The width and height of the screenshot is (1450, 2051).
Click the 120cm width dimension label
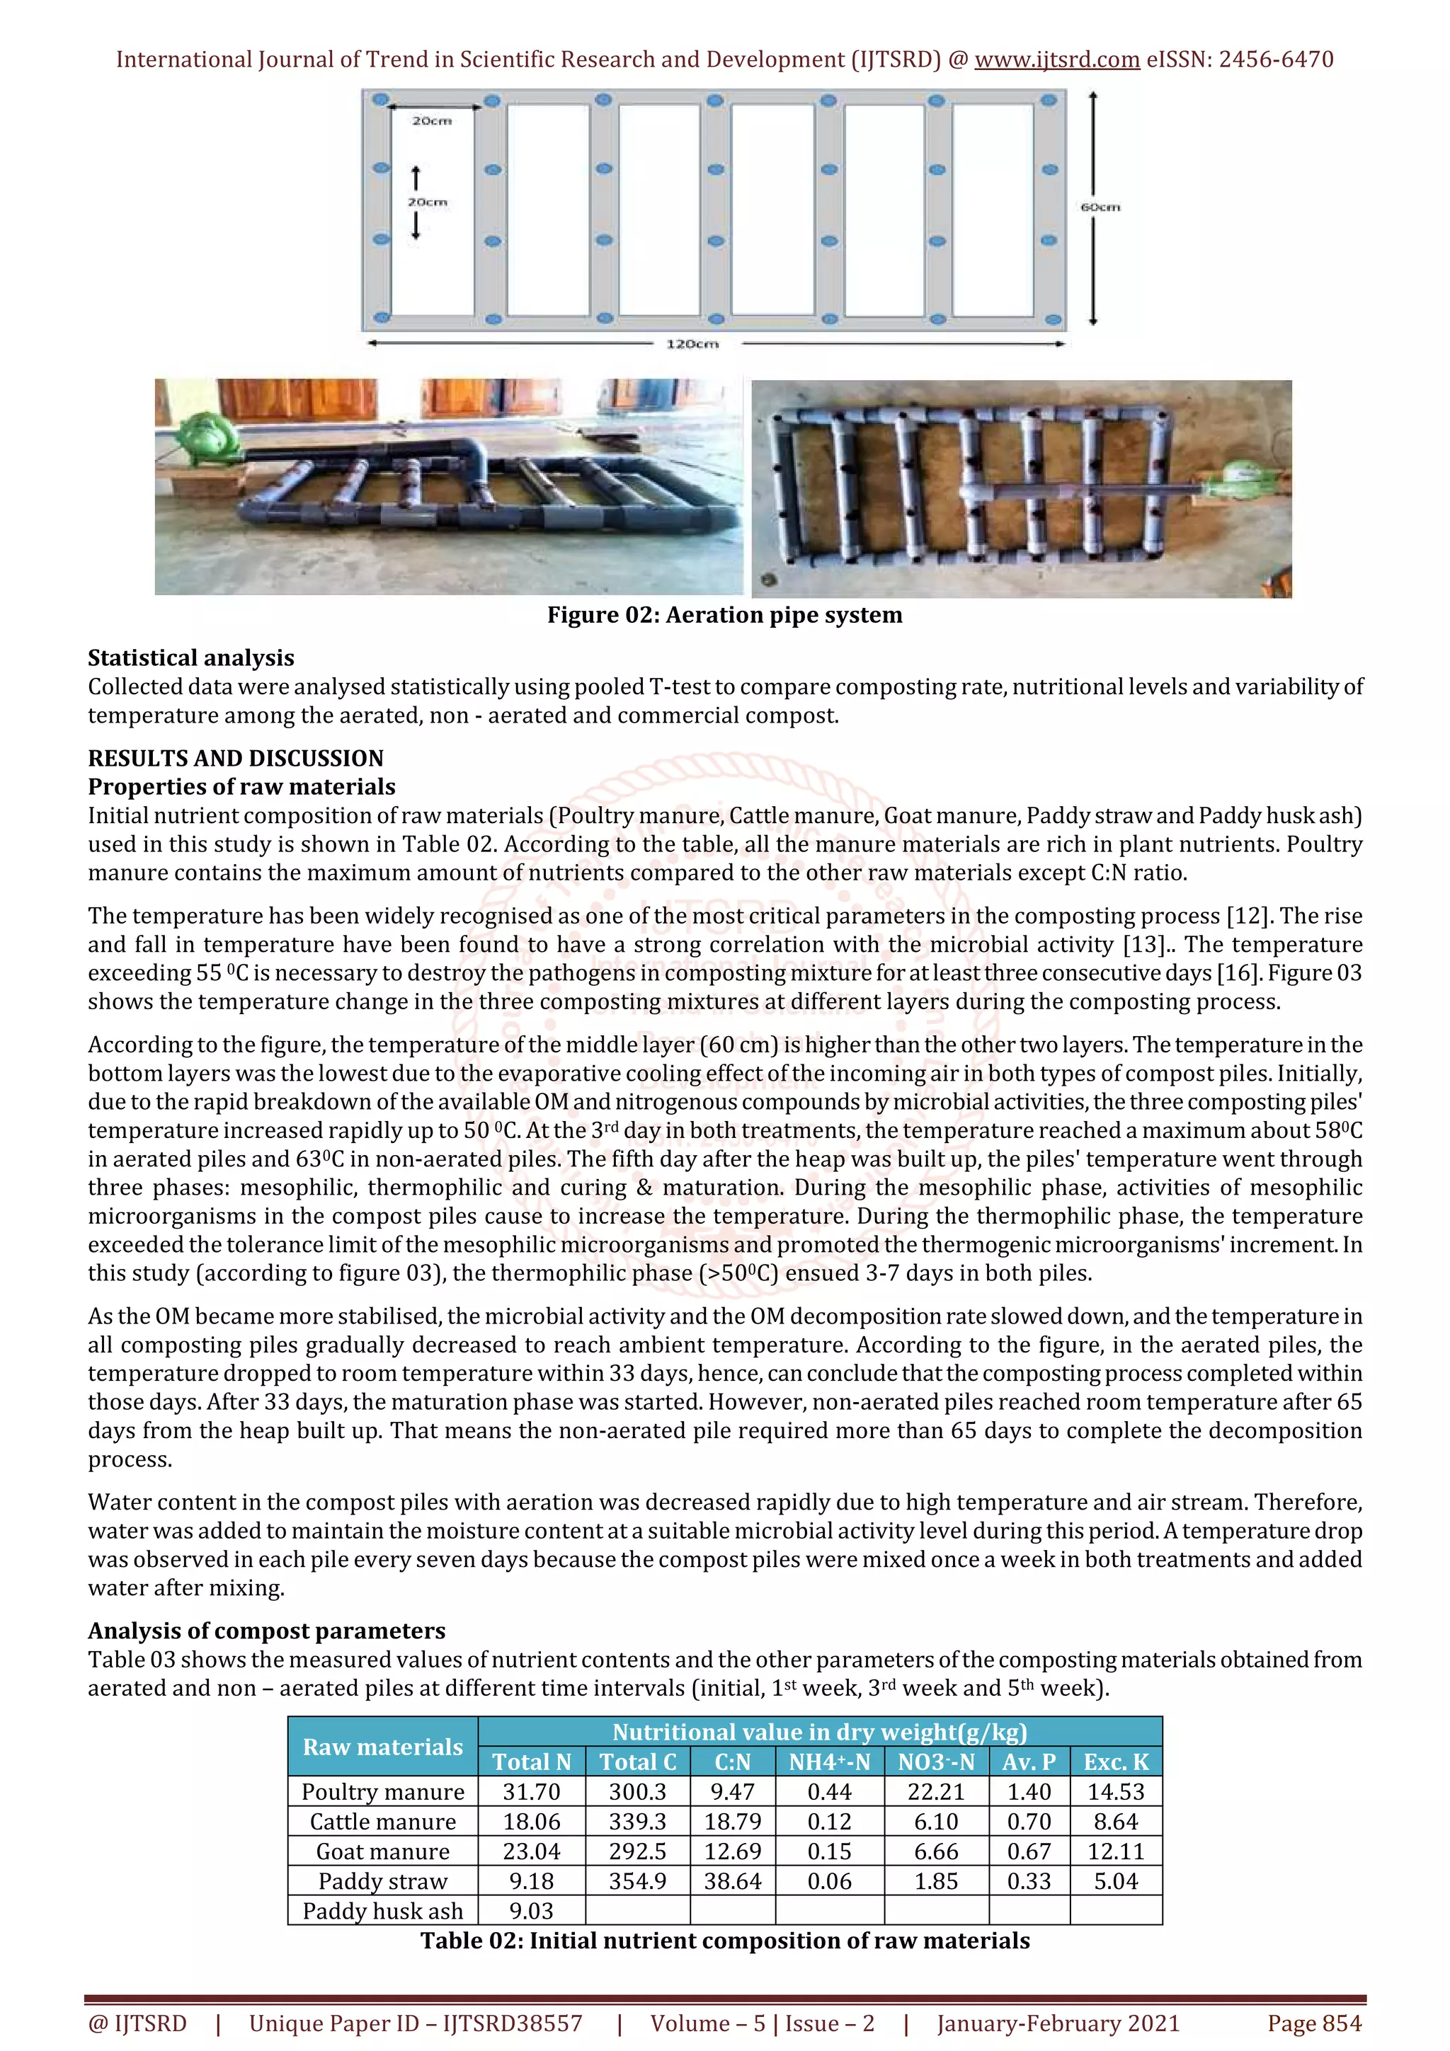pos(692,344)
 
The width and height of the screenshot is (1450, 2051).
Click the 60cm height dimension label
pos(1100,207)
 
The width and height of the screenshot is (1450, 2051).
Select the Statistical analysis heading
pos(191,657)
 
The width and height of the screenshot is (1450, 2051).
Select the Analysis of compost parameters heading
pos(266,1631)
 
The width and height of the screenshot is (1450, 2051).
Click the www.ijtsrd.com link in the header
pos(1057,60)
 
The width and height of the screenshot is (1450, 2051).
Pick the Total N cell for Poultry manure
pos(532,1792)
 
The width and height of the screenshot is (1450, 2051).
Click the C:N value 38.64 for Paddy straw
pos(733,1881)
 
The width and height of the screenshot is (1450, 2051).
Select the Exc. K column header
pos(1116,1762)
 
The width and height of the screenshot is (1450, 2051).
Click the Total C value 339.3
pos(638,1822)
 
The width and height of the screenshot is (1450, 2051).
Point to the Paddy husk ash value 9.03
pos(532,1911)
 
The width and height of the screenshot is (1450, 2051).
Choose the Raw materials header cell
pos(382,1747)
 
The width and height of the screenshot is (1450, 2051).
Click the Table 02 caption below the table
pos(724,1940)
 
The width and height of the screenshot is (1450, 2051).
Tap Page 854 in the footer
pos(1314,2023)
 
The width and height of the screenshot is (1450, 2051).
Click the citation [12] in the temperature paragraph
pos(1249,916)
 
